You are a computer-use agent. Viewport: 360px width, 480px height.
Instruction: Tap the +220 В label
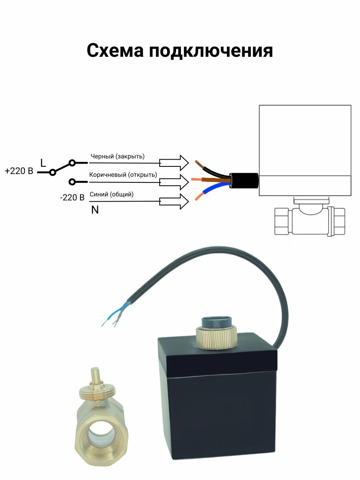point(19,171)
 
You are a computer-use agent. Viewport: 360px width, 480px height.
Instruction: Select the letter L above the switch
point(43,163)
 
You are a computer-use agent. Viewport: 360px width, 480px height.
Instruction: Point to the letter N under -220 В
point(95,210)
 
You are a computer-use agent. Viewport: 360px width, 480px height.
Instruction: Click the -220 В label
point(72,197)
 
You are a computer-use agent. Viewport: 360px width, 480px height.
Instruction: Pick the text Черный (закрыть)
point(118,156)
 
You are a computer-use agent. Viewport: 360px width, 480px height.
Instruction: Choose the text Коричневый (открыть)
point(123,175)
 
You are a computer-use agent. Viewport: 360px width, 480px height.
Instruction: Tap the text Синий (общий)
point(112,194)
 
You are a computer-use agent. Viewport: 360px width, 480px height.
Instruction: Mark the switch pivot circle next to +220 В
point(52,172)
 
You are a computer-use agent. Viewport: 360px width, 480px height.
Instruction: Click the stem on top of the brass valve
point(95,376)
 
